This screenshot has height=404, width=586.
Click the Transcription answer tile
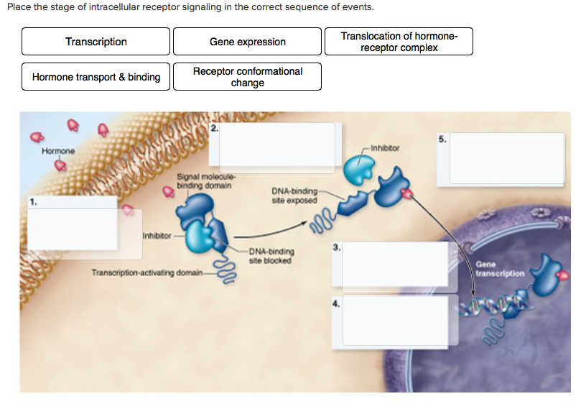click(96, 42)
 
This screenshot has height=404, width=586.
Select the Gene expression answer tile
click(247, 42)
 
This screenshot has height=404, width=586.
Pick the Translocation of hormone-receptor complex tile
click(399, 42)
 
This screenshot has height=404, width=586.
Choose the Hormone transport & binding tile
click(96, 77)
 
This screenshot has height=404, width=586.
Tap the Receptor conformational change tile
click(247, 77)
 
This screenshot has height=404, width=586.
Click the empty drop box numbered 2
click(277, 144)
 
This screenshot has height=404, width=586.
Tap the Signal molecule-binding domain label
click(204, 182)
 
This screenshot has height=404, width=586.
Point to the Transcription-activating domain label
click(146, 272)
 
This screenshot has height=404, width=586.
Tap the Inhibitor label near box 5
click(386, 148)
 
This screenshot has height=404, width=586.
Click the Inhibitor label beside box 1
click(155, 235)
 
